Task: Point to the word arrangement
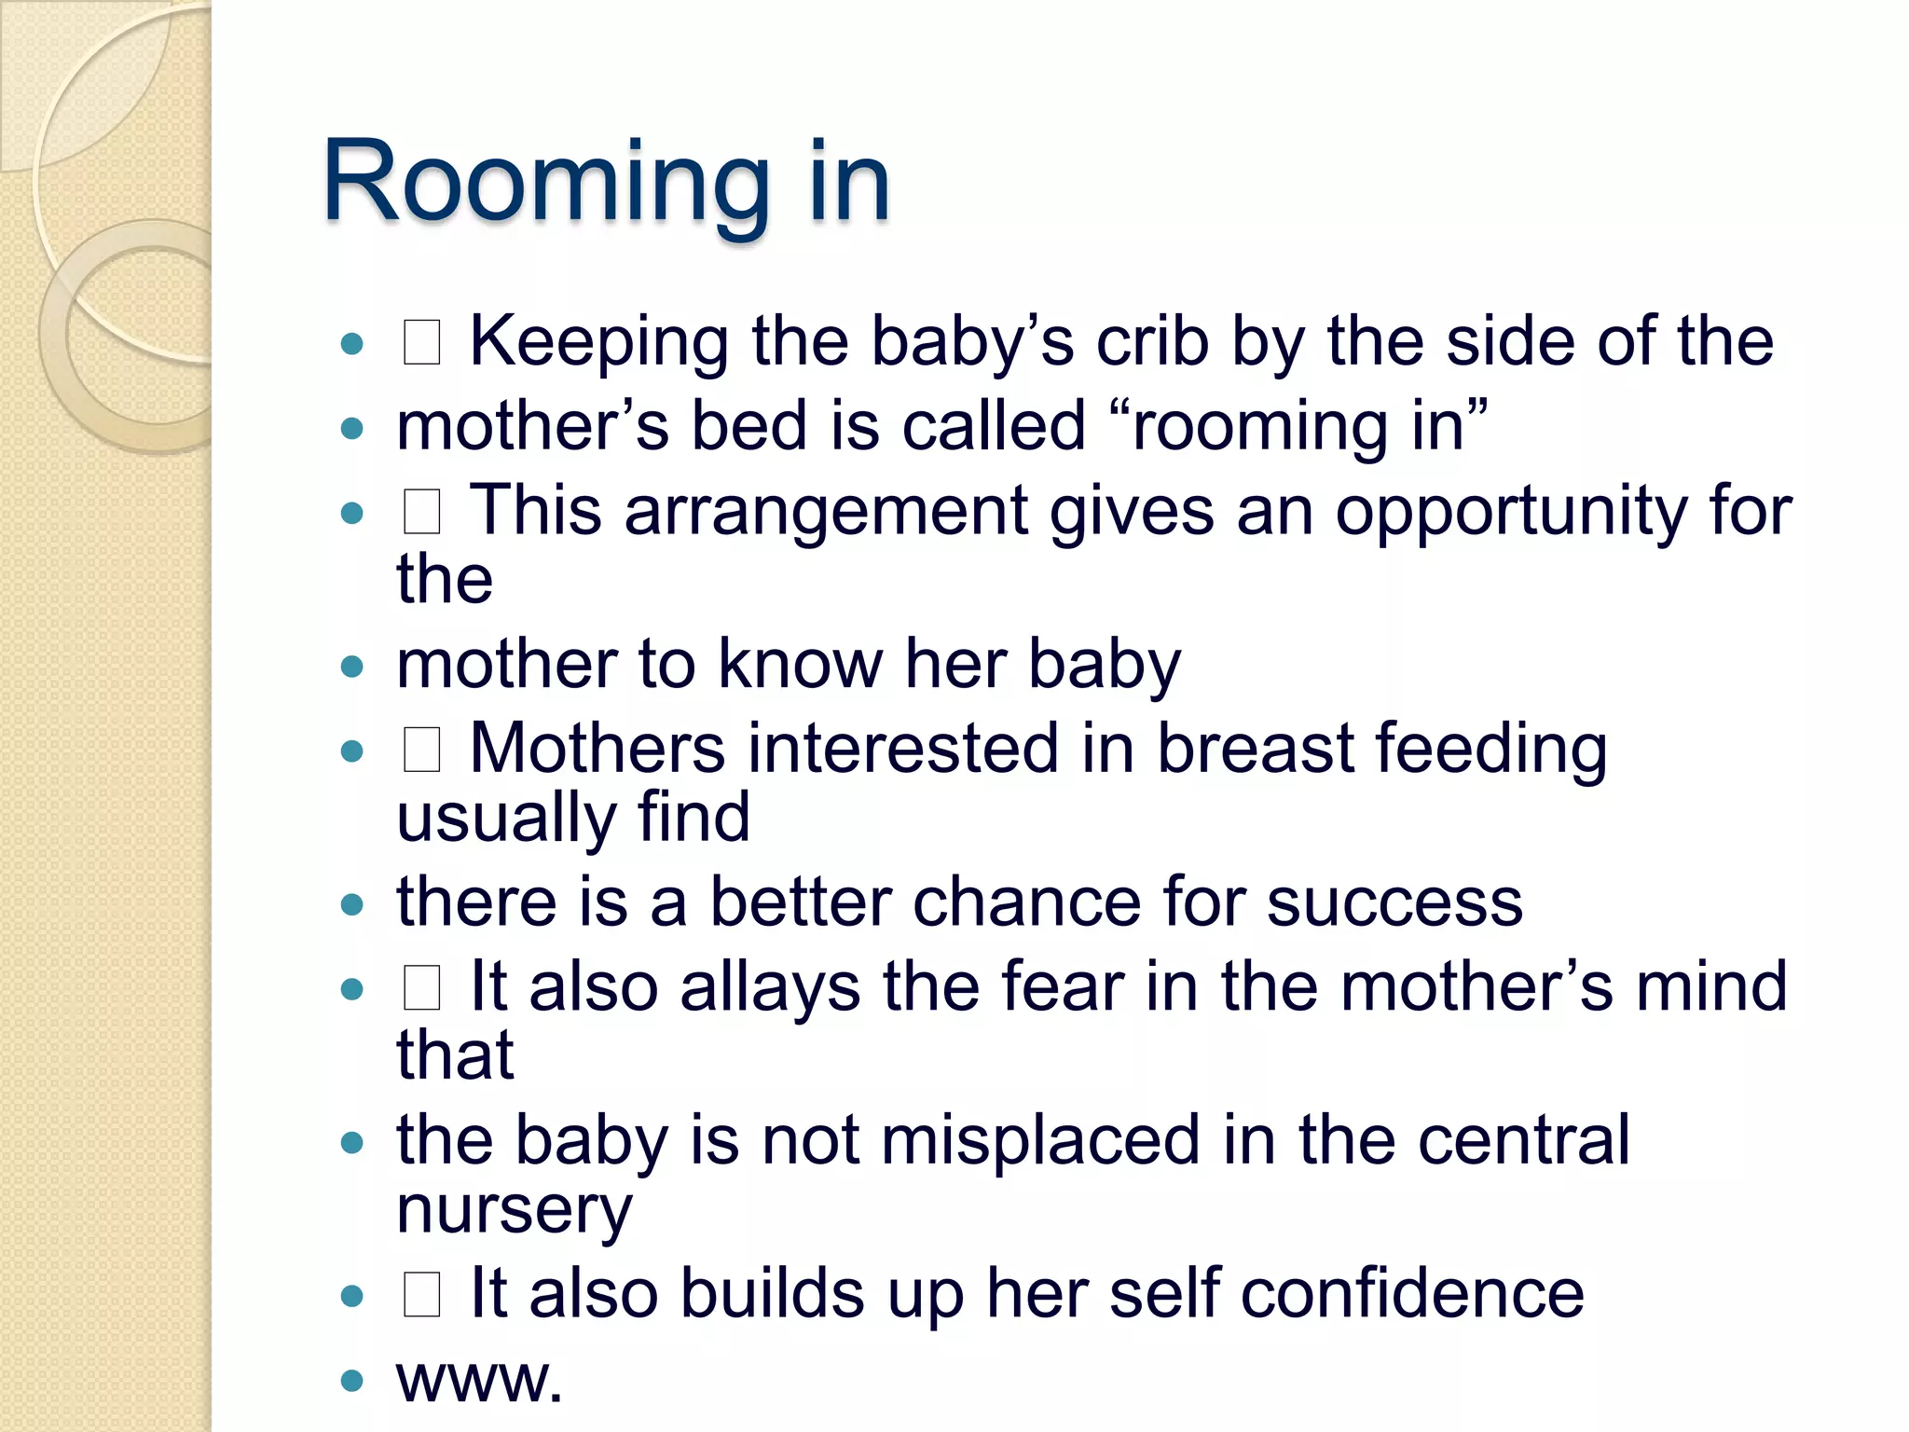[826, 512]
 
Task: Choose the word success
[1394, 904]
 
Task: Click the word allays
[770, 988]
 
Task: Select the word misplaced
[1040, 1142]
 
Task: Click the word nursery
[515, 1211]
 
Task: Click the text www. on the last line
[479, 1380]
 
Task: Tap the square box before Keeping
[421, 342]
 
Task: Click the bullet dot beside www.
[351, 1380]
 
